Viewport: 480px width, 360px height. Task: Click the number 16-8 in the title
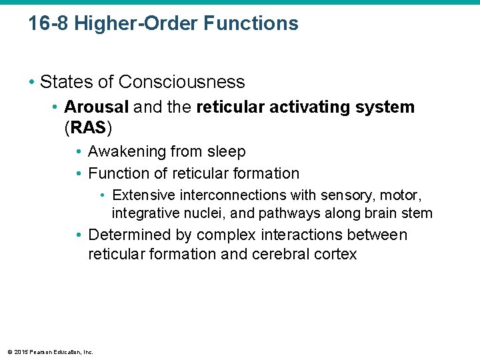[x=48, y=24]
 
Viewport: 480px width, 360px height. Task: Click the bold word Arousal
[x=95, y=107]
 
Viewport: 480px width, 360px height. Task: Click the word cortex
[x=337, y=254]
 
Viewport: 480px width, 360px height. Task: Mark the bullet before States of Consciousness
[x=31, y=82]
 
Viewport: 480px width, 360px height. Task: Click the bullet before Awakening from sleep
[x=79, y=152]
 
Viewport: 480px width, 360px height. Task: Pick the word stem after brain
[x=420, y=214]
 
